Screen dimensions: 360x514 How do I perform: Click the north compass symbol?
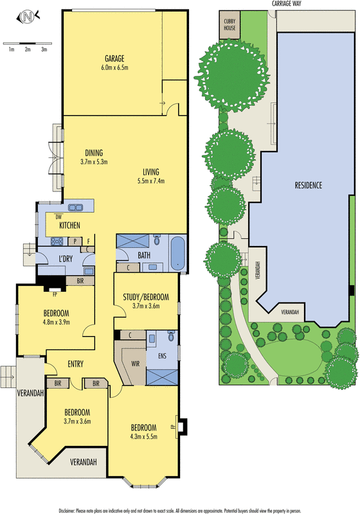coord(28,17)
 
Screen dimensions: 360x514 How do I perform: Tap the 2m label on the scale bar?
coord(28,49)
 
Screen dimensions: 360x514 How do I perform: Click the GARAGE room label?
coord(114,58)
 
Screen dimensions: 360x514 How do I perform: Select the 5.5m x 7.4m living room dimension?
coord(151,181)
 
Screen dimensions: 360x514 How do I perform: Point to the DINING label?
coord(94,153)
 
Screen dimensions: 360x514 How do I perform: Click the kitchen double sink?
coord(76,208)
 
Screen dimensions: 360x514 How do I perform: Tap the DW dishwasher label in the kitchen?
coord(59,217)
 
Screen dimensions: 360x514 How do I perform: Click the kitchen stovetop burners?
coord(57,242)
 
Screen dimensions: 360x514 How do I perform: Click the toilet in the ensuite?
coord(171,336)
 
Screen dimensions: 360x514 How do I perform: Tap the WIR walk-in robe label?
coord(136,364)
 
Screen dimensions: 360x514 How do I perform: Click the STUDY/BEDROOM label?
coord(146,297)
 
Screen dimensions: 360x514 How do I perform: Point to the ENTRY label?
coord(75,364)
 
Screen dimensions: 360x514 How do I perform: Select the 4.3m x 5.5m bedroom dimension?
coord(144,437)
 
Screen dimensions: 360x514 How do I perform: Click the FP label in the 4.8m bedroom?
coord(55,295)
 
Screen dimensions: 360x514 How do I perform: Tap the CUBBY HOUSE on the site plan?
coord(230,24)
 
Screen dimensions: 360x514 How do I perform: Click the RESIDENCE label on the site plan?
coord(308,185)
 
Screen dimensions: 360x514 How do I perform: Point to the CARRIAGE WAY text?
coord(287,4)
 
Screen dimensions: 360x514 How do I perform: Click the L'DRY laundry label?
coord(65,259)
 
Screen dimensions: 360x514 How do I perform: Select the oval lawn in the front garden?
coord(290,359)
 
